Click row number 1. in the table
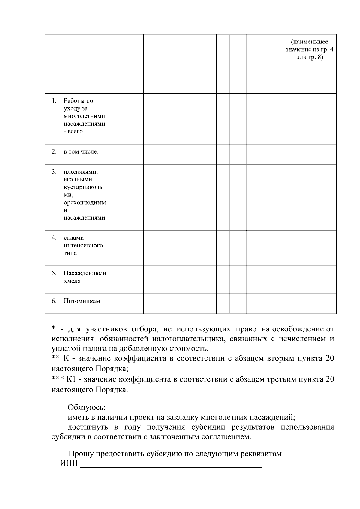[54, 101]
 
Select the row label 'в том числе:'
[81, 152]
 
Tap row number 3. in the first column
[54, 172]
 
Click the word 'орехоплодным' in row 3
[85, 202]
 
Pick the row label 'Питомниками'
[84, 301]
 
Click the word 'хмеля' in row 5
[72, 281]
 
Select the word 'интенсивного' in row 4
[83, 245]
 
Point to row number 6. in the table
[54, 301]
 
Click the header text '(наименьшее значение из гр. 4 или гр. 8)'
[309, 49]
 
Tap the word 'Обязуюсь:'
[87, 408]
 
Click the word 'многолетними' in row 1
[84, 116]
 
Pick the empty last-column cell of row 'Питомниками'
[309, 304]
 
